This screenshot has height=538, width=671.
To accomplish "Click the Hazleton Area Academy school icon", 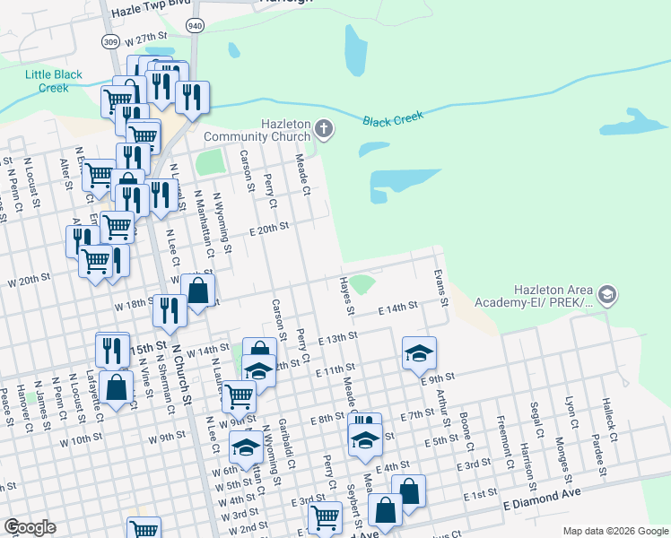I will click(x=608, y=295).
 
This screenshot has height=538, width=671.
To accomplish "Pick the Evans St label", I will click(x=440, y=286).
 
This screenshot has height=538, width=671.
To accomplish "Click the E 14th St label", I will click(x=398, y=307).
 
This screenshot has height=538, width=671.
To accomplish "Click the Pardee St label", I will click(x=599, y=426).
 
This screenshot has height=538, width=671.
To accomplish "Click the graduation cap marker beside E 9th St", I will click(x=419, y=352).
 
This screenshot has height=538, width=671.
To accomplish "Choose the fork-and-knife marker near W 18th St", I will click(x=168, y=308).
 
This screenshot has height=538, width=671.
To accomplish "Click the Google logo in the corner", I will click(x=30, y=527).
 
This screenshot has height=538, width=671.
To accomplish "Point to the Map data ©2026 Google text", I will click(x=614, y=531).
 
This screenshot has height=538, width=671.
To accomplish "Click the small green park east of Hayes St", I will click(x=362, y=285).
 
